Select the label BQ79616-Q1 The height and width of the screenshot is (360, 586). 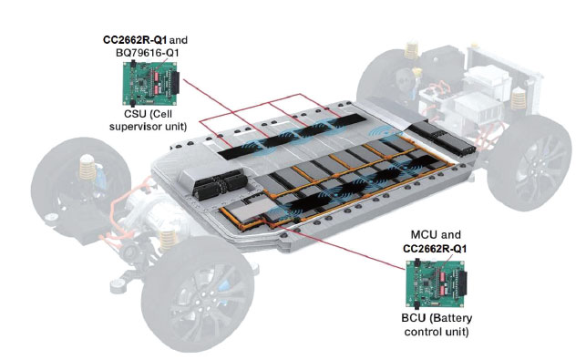(x=148, y=53)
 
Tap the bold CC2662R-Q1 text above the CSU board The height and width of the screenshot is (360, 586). (x=135, y=40)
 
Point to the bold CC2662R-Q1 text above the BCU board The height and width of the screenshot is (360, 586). (x=435, y=249)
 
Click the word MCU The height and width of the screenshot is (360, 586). (x=424, y=235)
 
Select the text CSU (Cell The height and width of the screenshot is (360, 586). (x=148, y=114)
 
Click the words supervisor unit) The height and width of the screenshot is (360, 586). (x=148, y=127)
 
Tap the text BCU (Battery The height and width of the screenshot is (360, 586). (x=437, y=318)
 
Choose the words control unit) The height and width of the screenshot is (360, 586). (x=437, y=332)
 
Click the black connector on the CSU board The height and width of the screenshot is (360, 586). (x=175, y=83)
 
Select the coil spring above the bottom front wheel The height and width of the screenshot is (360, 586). (x=169, y=242)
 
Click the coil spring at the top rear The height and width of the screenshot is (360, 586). (x=411, y=51)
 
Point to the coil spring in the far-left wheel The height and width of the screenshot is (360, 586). (x=87, y=167)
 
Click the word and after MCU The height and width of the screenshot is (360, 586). (x=450, y=235)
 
